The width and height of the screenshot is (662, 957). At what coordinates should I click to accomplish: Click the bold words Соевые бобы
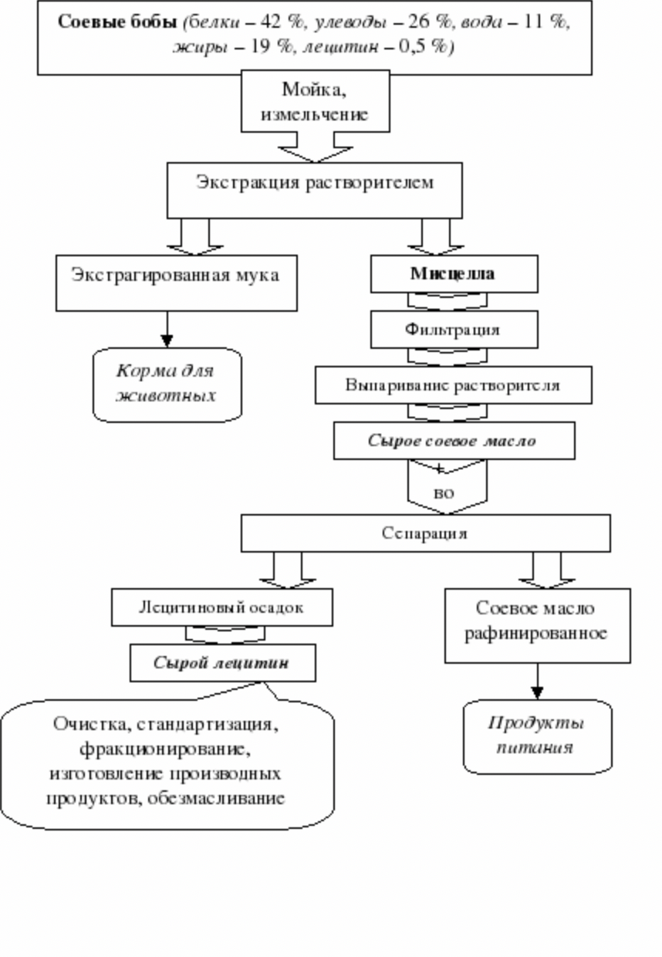(117, 22)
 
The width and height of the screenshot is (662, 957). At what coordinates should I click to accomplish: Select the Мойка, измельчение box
(316, 101)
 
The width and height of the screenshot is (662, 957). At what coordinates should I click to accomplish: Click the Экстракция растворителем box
(314, 191)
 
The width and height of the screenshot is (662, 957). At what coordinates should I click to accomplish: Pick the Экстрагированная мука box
(177, 282)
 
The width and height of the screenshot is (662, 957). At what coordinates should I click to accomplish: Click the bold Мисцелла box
(454, 274)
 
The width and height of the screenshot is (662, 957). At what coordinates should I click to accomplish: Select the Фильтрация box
(454, 330)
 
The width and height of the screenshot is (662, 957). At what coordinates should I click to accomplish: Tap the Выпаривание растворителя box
(454, 385)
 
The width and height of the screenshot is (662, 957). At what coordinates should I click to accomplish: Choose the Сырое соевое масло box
(454, 441)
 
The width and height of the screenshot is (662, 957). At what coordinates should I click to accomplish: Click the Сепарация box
(425, 533)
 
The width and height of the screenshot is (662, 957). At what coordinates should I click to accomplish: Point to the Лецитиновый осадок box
(222, 607)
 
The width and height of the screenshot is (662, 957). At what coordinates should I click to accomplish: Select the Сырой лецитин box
(222, 663)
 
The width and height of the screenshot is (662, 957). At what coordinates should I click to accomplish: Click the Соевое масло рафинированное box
(537, 625)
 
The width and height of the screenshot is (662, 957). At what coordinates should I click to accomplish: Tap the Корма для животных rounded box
(167, 385)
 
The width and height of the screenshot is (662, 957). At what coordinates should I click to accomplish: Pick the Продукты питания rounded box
(537, 736)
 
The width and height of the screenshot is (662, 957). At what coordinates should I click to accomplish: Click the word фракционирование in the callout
(165, 749)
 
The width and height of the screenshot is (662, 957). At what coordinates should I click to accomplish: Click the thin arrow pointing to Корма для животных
(167, 330)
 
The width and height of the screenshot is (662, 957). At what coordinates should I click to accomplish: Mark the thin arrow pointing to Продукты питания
(537, 681)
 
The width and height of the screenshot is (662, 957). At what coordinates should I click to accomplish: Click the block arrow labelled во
(447, 487)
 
